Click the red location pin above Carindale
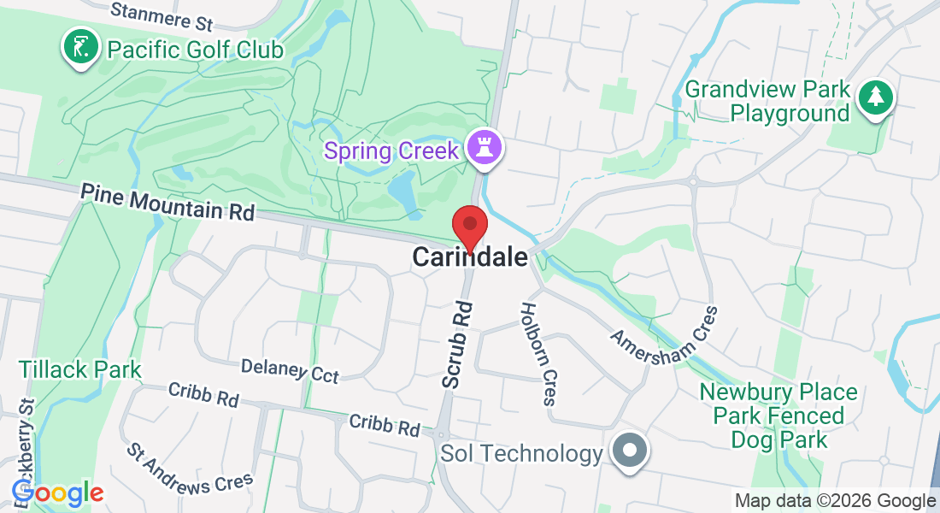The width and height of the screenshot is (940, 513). [469, 227]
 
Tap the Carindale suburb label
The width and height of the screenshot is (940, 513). [470, 256]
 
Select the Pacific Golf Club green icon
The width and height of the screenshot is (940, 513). [79, 48]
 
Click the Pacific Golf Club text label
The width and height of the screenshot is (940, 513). [195, 50]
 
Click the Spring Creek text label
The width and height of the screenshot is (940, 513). [392, 152]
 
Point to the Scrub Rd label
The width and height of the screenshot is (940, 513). [457, 344]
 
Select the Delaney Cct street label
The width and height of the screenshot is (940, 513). [290, 370]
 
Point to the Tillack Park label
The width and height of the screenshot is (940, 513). [80, 370]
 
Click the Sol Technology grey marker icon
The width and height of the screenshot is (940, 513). [630, 450]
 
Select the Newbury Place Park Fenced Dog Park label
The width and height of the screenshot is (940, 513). [778, 416]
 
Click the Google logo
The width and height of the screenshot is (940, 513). [57, 492]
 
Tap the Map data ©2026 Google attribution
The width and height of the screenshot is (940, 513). [835, 501]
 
